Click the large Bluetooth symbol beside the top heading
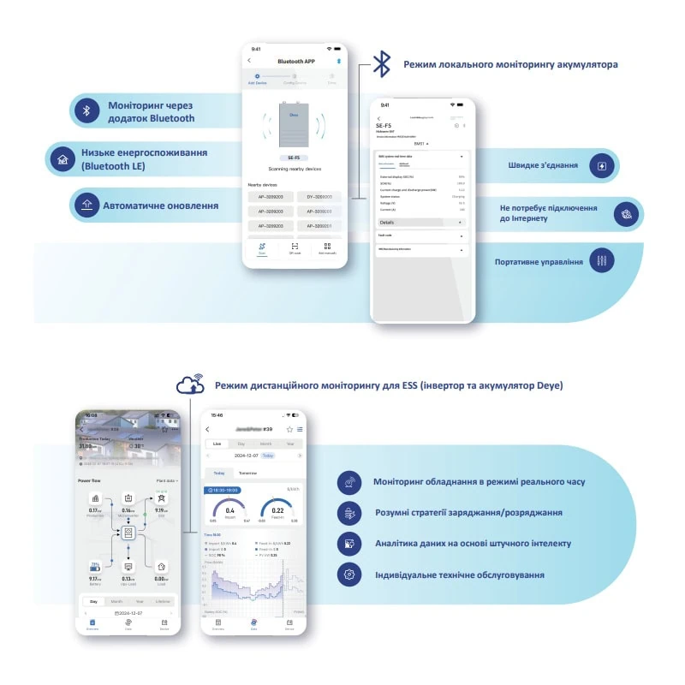[x=382, y=64]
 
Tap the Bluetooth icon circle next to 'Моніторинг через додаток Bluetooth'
[x=86, y=111]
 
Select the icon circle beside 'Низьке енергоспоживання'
[x=62, y=159]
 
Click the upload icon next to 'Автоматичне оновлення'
[x=86, y=205]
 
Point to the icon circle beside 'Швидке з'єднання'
[x=603, y=165]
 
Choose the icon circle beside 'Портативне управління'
[x=603, y=260]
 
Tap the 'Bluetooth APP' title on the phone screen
[x=296, y=62]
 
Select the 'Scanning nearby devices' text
[x=294, y=169]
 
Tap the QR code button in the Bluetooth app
[x=295, y=248]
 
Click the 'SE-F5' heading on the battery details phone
[x=384, y=125]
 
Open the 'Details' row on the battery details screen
[x=390, y=222]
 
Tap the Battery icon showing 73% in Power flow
[x=95, y=567]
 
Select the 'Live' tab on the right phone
[x=217, y=444]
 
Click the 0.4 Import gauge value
[x=229, y=510]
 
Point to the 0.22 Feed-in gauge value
[x=278, y=510]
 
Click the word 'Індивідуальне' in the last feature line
[x=411, y=575]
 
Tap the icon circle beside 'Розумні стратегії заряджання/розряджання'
[x=349, y=513]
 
